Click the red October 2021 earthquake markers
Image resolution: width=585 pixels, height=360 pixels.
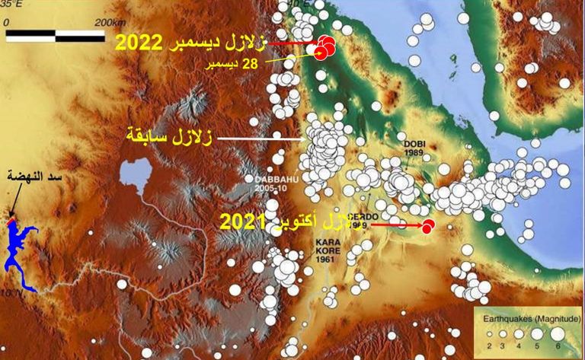(x=428, y=225)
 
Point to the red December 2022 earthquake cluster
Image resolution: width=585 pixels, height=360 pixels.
(x=325, y=46)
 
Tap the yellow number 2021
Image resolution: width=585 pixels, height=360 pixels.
(x=241, y=223)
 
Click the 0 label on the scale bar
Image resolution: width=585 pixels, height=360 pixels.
(x=7, y=22)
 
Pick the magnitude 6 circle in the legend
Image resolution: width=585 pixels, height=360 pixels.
(x=557, y=333)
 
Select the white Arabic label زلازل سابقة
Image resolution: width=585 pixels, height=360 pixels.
(x=172, y=139)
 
